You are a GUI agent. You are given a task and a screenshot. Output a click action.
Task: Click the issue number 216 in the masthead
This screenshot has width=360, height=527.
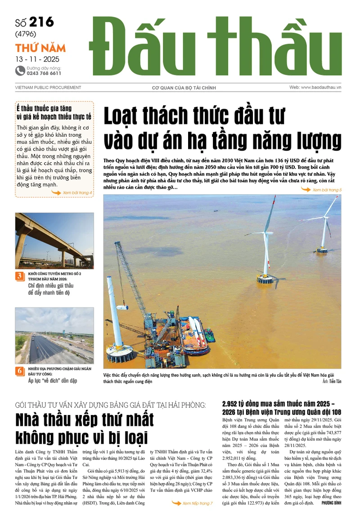pyautogui.click(x=41, y=22)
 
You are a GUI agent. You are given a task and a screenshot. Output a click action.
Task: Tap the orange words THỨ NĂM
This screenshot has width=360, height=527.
pyautogui.click(x=40, y=48)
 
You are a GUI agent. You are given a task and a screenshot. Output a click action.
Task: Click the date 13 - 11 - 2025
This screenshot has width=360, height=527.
pyautogui.click(x=37, y=59)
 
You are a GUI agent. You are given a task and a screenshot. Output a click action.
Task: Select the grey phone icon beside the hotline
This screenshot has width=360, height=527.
pyautogui.click(x=20, y=70)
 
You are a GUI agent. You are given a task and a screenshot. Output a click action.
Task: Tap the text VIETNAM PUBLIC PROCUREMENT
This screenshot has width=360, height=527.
pyautogui.click(x=48, y=88)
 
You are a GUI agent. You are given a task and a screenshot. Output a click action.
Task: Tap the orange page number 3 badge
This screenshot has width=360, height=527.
pyautogui.click(x=20, y=277)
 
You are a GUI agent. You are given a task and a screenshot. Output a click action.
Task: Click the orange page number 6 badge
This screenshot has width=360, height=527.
pyautogui.click(x=20, y=371)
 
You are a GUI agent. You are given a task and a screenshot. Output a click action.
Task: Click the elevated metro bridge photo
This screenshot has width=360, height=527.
pyautogui.click(x=54, y=240)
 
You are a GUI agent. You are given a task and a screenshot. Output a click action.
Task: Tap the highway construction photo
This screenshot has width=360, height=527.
pyautogui.click(x=54, y=335)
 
